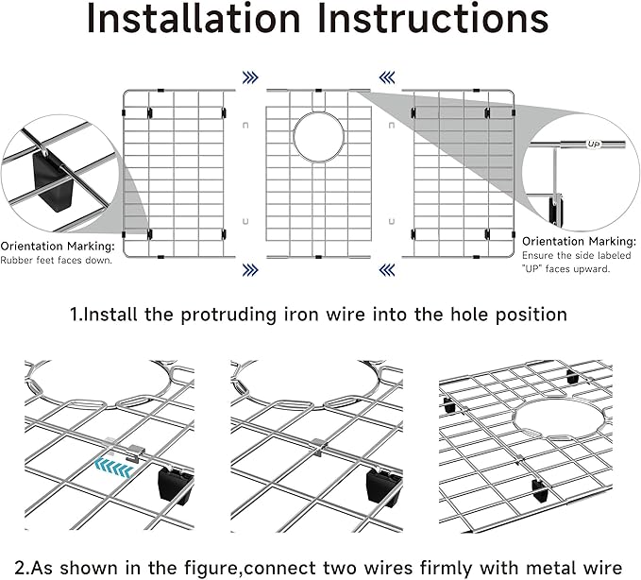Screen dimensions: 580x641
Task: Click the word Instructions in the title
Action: coord(434,21)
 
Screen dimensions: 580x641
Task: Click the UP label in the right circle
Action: coord(594,145)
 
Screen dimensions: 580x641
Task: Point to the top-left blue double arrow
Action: coord(250,77)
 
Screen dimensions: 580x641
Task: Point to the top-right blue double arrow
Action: coord(387,77)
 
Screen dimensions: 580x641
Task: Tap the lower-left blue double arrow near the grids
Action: coord(250,270)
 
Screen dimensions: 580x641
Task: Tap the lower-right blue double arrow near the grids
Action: coord(387,270)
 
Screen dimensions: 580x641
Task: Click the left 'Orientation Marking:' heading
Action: coord(58,246)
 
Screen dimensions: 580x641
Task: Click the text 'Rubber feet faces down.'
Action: coord(57,261)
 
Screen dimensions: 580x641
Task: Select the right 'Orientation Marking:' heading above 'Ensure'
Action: coord(577,241)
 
